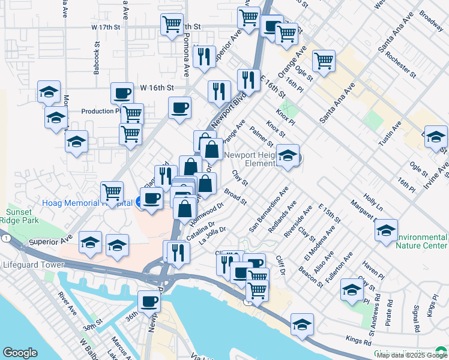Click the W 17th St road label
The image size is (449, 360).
tap(106, 28)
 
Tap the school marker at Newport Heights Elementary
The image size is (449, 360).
tap(288, 156)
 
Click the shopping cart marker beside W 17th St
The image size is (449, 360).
tap(172, 25)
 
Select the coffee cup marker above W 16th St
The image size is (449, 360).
tap(122, 93)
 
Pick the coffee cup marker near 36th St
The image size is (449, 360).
tap(149, 301)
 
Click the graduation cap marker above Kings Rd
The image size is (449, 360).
tap(302, 325)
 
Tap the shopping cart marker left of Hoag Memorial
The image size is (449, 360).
tap(112, 193)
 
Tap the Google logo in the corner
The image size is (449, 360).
tap(20, 353)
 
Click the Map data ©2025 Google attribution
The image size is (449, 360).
tap(411, 355)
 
